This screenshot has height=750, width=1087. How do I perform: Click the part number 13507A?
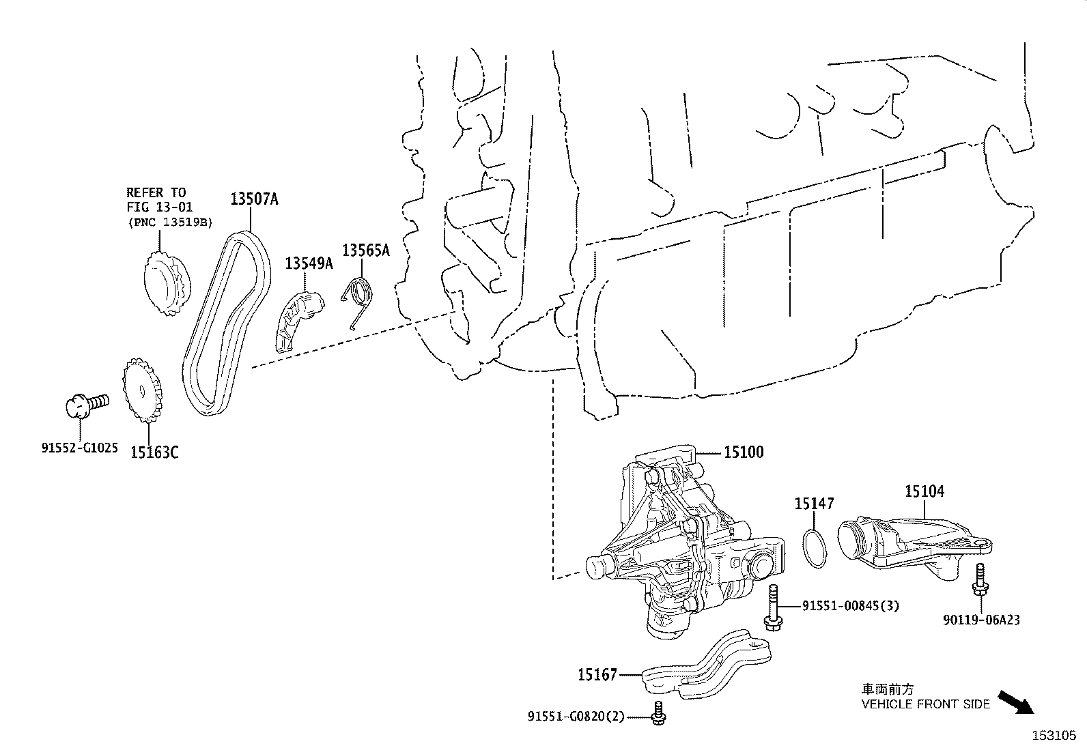pyautogui.click(x=254, y=199)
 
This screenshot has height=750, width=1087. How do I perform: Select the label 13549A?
pyautogui.click(x=309, y=263)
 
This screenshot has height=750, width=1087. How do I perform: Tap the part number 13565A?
pyautogui.click(x=365, y=250)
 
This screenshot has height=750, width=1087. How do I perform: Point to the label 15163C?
pyautogui.click(x=154, y=452)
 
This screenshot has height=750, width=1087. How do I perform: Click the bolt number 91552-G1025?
pyautogui.click(x=79, y=448)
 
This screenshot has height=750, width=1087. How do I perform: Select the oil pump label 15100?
pyautogui.click(x=744, y=452)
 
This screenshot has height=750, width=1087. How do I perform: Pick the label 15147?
pyautogui.click(x=814, y=504)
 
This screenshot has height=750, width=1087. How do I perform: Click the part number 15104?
pyautogui.click(x=924, y=491)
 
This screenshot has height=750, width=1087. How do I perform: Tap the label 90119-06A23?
pyautogui.click(x=982, y=620)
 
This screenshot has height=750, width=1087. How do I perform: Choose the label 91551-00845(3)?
pyautogui.click(x=850, y=605)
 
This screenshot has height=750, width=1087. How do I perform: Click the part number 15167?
pyautogui.click(x=597, y=675)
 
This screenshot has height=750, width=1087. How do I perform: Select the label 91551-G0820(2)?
pyautogui.click(x=576, y=717)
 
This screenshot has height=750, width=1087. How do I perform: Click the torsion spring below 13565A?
pyautogui.click(x=360, y=300)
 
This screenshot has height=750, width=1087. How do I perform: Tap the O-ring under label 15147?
pyautogui.click(x=813, y=547)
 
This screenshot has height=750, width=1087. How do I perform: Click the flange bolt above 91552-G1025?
pyautogui.click(x=85, y=403)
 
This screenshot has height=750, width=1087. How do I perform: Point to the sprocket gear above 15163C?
pyautogui.click(x=143, y=391)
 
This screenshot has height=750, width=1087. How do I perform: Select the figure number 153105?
pyautogui.click(x=1053, y=735)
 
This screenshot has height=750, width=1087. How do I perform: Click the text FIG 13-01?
pyautogui.click(x=160, y=207)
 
